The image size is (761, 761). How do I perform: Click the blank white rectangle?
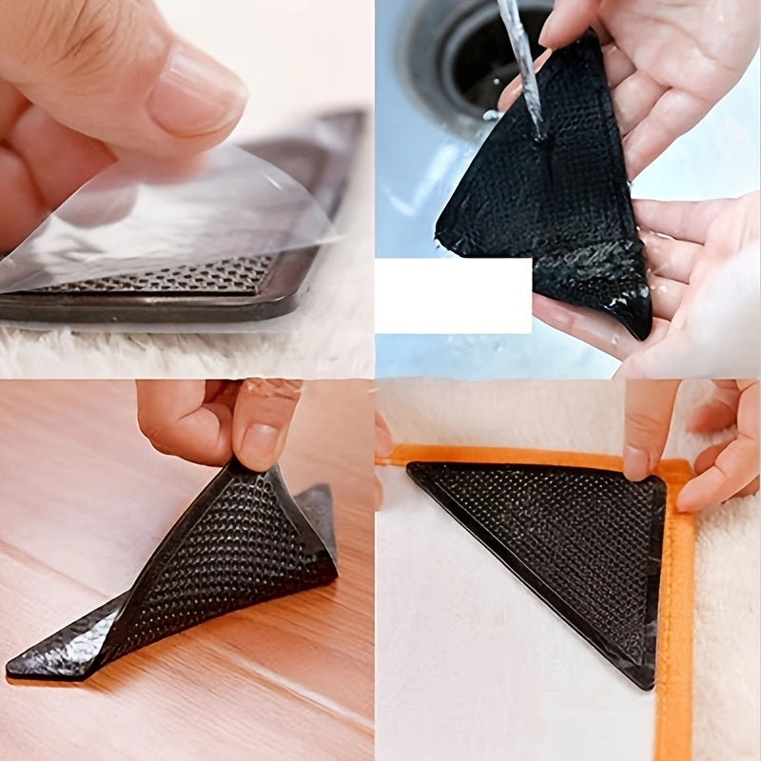click(x=453, y=295)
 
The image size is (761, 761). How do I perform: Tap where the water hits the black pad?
click(x=541, y=139)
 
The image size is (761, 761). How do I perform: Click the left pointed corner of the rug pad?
click(x=412, y=468)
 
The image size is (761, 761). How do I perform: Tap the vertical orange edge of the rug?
click(x=677, y=618)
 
